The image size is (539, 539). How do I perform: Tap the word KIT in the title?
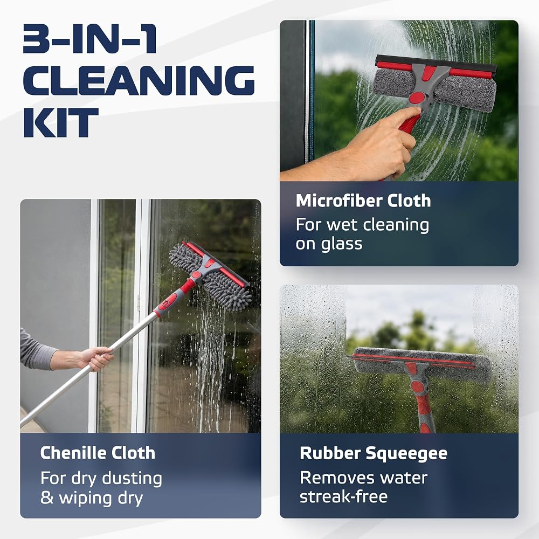61,122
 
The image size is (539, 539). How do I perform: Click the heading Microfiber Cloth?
363,201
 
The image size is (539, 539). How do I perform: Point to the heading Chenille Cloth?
98,453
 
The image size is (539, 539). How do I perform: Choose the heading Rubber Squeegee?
374,454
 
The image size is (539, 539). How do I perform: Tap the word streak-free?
343,497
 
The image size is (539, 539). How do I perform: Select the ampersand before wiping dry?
47,497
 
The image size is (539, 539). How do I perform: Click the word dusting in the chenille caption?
132,479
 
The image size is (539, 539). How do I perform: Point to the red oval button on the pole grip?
167,303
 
